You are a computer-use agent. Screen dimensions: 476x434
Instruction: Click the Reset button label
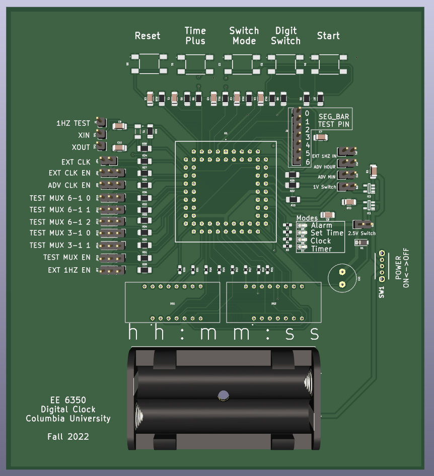coord(148,36)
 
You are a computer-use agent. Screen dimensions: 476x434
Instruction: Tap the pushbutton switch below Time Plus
coord(195,64)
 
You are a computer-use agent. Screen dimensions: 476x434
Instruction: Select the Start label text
coord(328,36)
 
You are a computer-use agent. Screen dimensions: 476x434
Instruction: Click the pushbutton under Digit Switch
coord(285,64)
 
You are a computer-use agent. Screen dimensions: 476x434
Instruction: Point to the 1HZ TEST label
coord(74,123)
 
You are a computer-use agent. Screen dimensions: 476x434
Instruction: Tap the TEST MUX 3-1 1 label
coord(59,246)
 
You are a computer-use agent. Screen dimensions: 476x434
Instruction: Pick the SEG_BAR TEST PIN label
coord(334,120)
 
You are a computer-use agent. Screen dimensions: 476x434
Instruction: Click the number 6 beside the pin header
coord(307,162)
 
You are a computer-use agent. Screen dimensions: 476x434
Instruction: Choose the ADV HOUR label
coord(324,167)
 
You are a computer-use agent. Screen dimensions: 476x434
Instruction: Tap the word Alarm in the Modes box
coord(321,225)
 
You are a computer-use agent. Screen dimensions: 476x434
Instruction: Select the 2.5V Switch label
coord(361,233)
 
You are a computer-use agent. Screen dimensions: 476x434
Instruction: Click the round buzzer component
coord(342,278)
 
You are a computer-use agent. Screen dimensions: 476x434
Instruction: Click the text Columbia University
coord(68,419)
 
